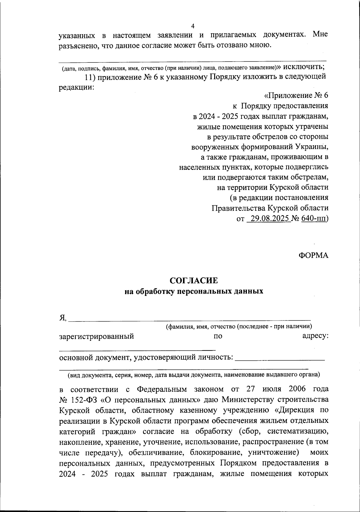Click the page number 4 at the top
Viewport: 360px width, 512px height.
[x=193, y=26]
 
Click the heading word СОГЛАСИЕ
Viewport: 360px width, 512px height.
[x=193, y=281]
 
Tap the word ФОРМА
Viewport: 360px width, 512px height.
[x=313, y=255]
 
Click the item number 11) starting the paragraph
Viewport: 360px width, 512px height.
[x=89, y=77]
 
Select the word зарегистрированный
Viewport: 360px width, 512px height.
[x=96, y=336]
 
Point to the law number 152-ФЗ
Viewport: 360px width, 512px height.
[x=87, y=400]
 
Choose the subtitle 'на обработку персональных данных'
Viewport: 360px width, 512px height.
[x=194, y=291]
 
